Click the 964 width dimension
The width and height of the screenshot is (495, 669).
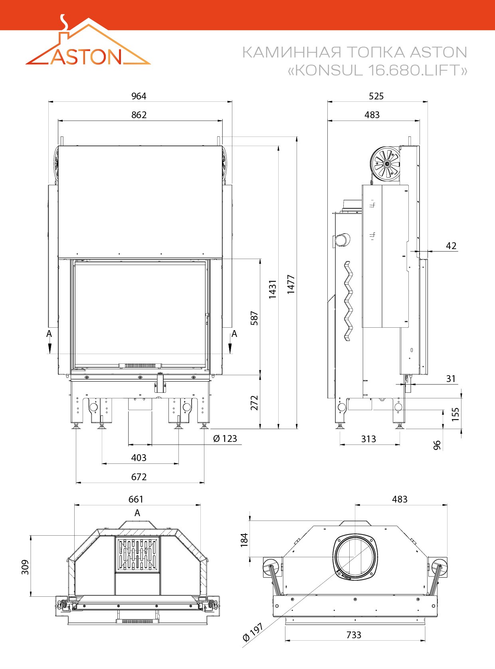click(139, 96)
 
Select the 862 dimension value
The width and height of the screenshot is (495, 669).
click(139, 115)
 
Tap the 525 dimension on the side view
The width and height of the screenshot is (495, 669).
click(376, 96)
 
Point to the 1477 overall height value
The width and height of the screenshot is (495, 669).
click(291, 285)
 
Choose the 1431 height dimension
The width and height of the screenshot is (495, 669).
click(272, 289)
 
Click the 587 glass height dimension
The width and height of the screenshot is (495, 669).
click(254, 318)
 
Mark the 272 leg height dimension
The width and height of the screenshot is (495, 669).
click(254, 403)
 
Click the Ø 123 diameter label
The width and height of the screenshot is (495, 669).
click(225, 439)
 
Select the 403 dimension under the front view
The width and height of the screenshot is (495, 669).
click(139, 458)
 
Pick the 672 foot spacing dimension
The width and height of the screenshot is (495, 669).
click(139, 477)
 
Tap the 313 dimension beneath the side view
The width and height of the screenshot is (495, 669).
click(368, 439)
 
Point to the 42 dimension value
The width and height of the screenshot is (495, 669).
click(451, 246)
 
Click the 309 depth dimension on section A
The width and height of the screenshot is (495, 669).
click(25, 567)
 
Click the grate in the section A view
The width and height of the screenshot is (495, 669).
click(137, 555)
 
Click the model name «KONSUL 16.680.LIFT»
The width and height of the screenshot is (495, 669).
click(377, 70)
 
